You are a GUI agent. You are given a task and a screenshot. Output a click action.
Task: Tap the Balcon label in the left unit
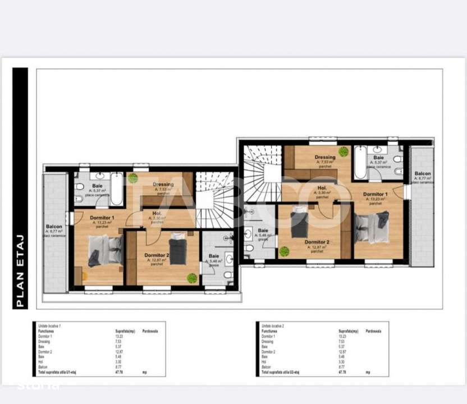[54, 227]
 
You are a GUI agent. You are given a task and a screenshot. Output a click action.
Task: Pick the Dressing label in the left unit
[163, 185]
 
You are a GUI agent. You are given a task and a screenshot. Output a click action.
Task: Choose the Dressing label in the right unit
[325, 157]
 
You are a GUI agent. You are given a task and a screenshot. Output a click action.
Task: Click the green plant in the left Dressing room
[133, 178]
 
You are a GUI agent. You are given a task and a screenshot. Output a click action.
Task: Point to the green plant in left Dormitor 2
[192, 277]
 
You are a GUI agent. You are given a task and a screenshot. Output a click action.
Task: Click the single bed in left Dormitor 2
[178, 250]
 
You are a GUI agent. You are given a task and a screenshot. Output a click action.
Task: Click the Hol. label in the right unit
[322, 189]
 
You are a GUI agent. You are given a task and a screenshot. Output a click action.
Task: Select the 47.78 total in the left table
[119, 371]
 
